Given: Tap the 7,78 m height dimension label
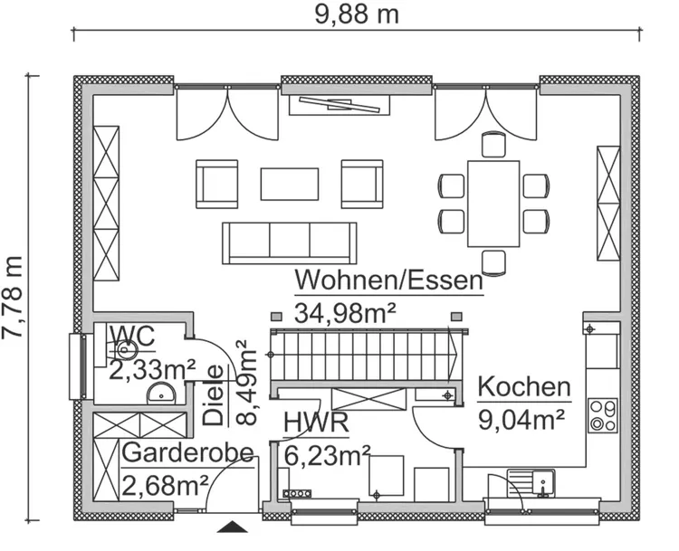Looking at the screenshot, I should coord(13,297).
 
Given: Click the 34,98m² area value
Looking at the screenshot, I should coord(346,313).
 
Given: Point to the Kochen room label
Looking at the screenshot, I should coord(524,387).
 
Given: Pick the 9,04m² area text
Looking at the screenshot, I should coord(521,418).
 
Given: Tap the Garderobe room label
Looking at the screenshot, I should coord(187,452).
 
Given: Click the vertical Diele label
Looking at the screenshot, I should coord(213,394).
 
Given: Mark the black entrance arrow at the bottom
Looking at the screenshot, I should coord(234,527).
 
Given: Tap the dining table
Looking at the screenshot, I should coord(493,203).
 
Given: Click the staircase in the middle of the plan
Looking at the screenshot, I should coord(362,354).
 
